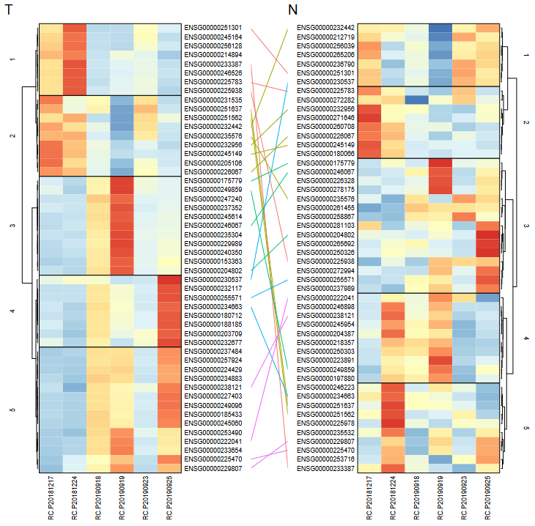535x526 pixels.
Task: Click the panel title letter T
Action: (x=9, y=11)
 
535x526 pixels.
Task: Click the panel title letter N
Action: (x=292, y=11)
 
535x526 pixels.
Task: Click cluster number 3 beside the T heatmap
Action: (x=11, y=225)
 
